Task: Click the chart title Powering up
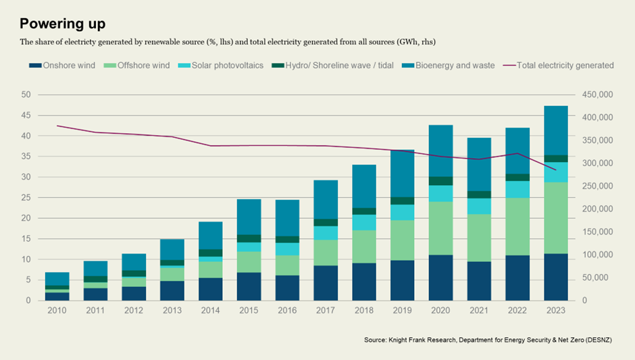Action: [x=62, y=24]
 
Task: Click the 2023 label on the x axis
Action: [x=555, y=311]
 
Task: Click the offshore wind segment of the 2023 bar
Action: [x=555, y=217]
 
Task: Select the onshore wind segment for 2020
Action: [x=440, y=278]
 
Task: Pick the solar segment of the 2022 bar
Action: [x=517, y=189]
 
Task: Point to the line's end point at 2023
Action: [x=555, y=170]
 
